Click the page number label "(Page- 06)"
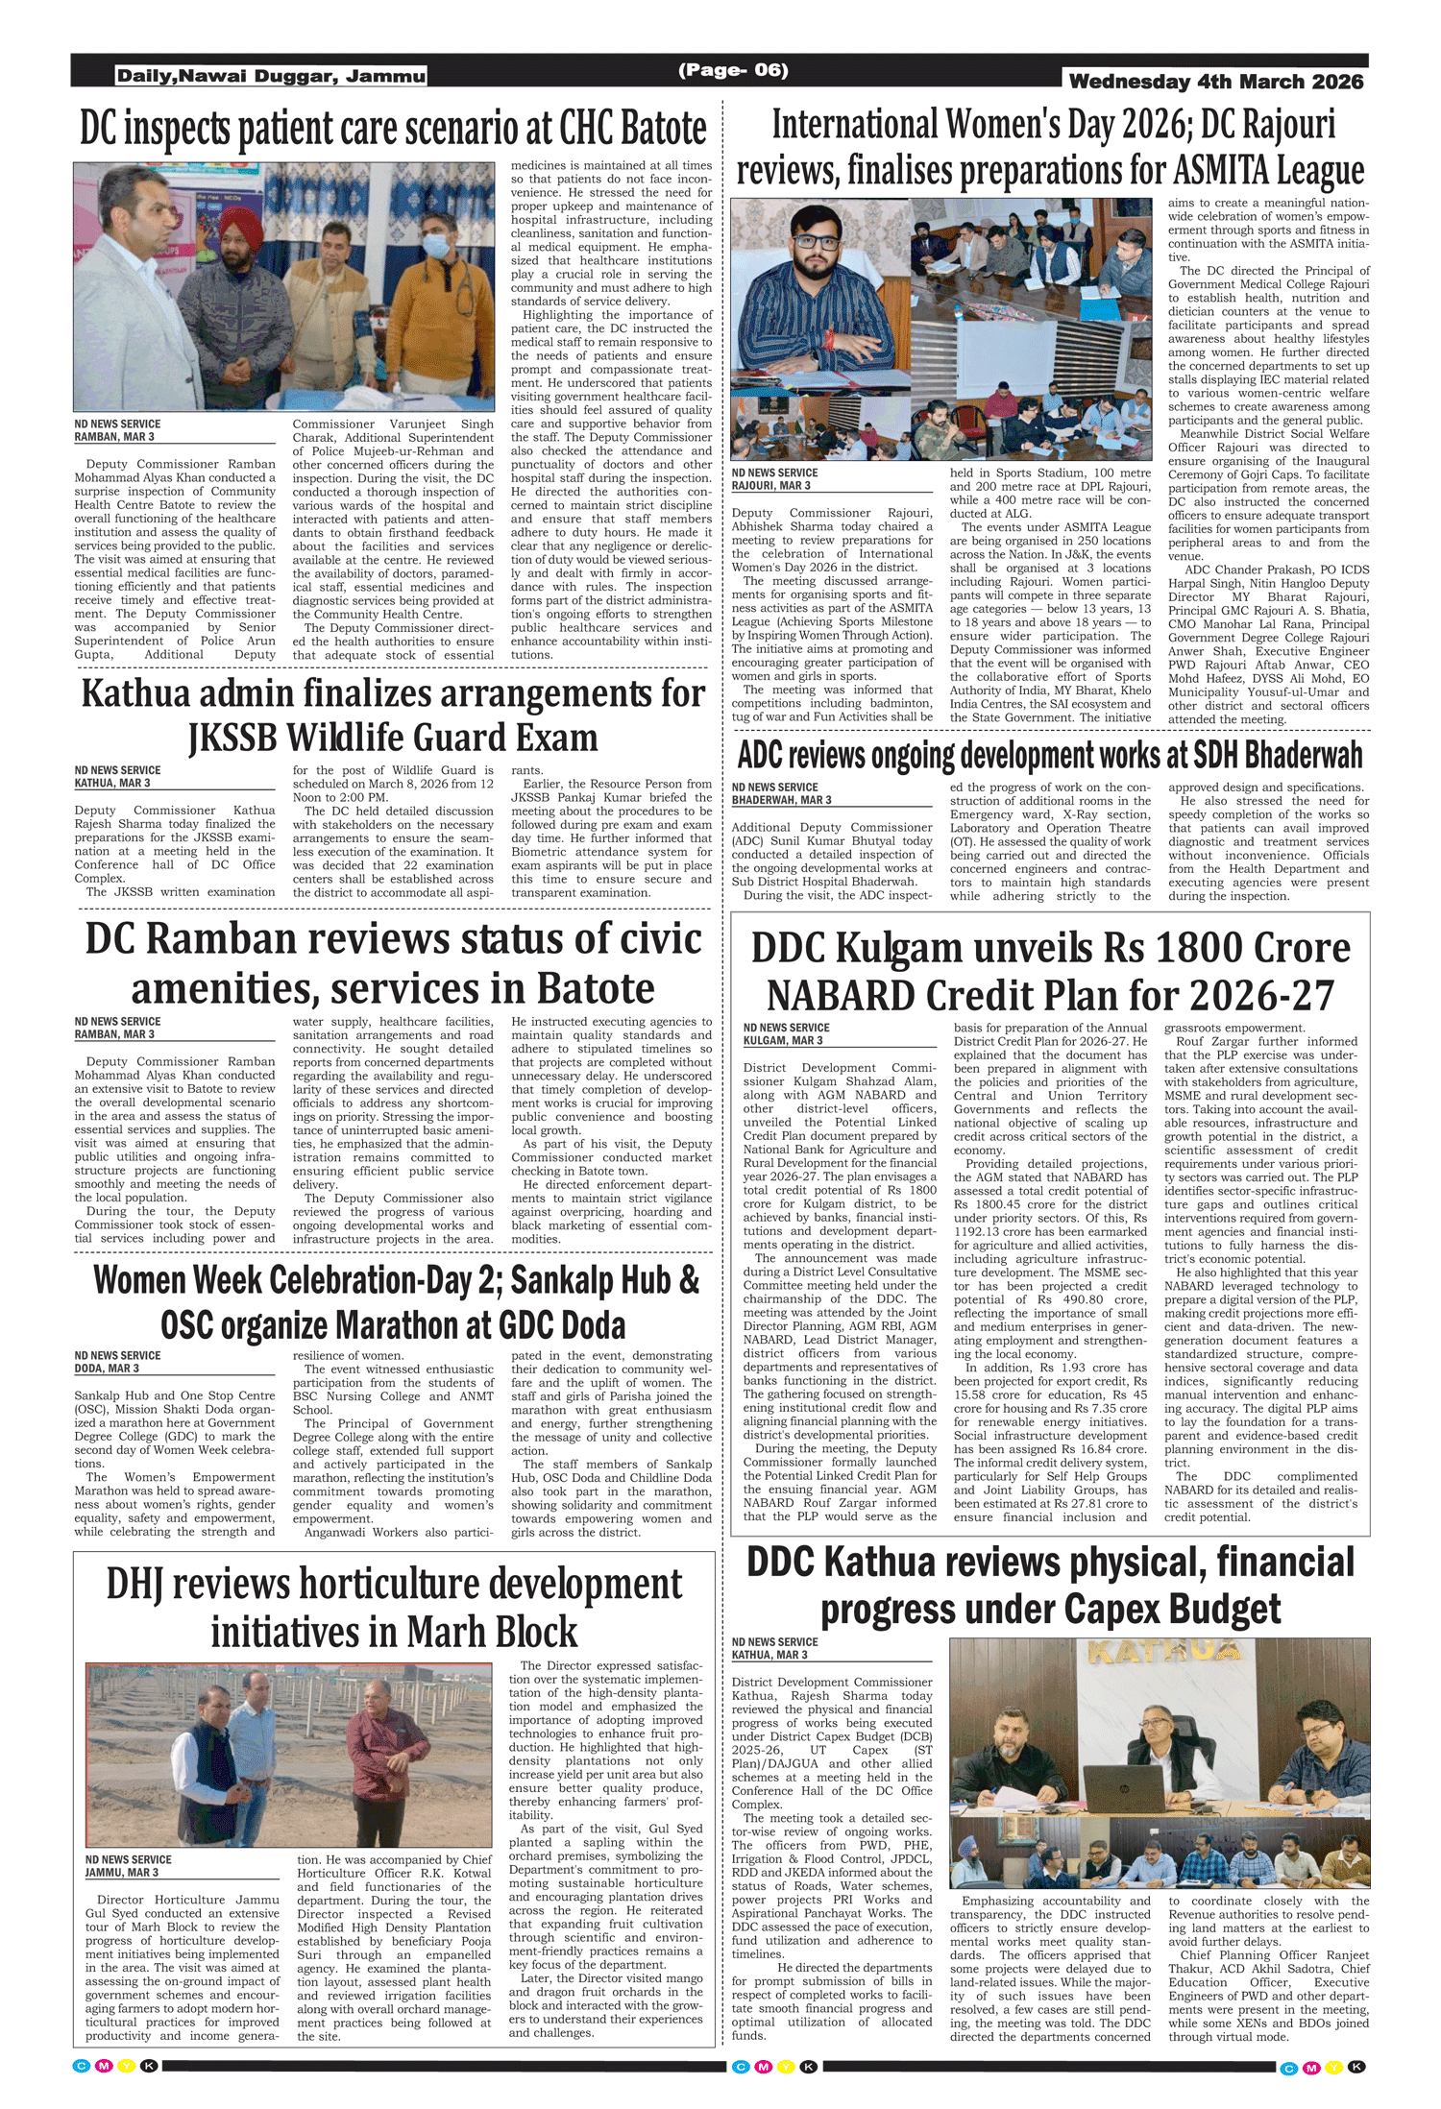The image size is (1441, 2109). click(733, 70)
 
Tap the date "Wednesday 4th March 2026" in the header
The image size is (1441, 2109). click(1215, 82)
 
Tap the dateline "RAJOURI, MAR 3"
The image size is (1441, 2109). click(770, 486)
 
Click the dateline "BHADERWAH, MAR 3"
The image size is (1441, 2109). click(781, 800)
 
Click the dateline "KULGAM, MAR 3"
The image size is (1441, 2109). click(783, 1041)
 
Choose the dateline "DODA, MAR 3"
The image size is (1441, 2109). click(107, 1369)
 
